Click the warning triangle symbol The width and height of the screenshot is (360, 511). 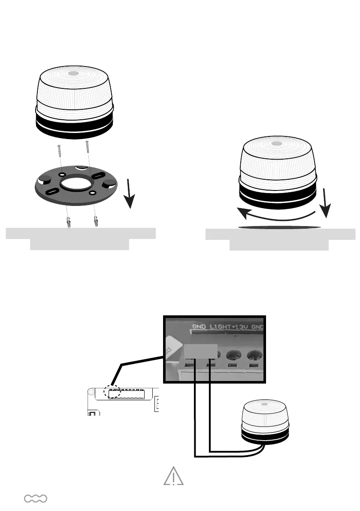173,476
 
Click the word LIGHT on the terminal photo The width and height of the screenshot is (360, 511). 220,327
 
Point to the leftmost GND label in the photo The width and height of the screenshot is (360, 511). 199,327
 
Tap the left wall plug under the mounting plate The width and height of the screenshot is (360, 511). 68,223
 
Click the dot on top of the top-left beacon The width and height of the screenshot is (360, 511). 73,74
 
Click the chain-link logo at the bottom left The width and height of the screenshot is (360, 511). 36,498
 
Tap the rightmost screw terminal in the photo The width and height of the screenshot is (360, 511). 255,356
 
